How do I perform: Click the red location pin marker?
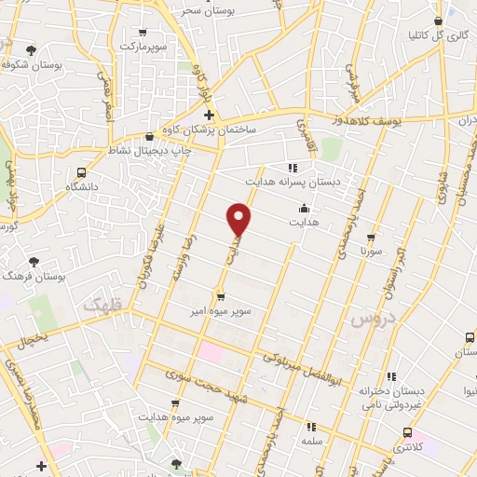(x=240, y=217)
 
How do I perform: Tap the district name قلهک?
(x=103, y=305)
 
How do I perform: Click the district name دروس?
(x=370, y=320)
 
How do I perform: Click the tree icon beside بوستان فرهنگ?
(x=34, y=264)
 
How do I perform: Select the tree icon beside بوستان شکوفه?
(x=31, y=49)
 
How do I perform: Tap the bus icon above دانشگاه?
(x=82, y=172)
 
